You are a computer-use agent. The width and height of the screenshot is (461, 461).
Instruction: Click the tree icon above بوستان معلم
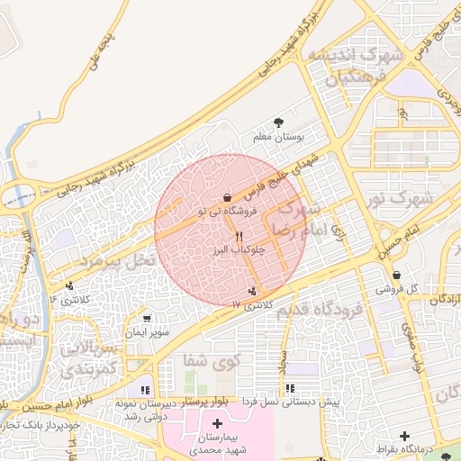click(x=278, y=123)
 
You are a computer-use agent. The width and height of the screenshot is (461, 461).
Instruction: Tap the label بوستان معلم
click(x=278, y=138)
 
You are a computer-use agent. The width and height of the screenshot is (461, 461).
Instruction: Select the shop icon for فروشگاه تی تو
click(x=226, y=198)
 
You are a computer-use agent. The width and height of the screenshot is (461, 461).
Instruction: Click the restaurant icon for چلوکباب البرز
click(x=239, y=235)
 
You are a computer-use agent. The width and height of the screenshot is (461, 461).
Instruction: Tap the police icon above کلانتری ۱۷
click(x=251, y=291)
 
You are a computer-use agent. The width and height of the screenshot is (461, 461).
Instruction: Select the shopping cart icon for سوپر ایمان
click(x=147, y=319)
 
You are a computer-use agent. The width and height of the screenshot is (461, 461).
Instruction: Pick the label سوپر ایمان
click(x=147, y=332)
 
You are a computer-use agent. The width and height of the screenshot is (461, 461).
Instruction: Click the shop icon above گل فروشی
click(x=396, y=276)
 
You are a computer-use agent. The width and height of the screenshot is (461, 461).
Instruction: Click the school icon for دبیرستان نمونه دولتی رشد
click(x=144, y=390)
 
